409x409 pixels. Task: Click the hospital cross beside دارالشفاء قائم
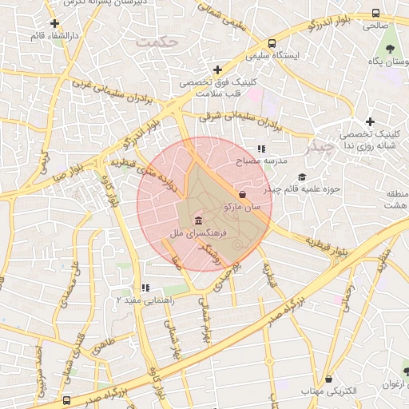[54, 24]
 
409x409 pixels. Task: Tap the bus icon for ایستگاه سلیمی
[272, 44]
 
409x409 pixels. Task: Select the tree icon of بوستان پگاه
[389, 49]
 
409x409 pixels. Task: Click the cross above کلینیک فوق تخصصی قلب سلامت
[217, 70]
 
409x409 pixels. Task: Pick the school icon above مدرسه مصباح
[261, 149]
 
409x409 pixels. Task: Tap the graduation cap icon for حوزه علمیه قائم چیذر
[301, 177]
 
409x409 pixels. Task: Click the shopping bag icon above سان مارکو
[243, 194]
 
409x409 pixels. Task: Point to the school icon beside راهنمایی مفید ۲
[145, 288]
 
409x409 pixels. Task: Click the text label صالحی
[375, 26]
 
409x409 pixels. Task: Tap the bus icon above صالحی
[375, 13]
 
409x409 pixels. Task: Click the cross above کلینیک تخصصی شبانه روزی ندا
[370, 121]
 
